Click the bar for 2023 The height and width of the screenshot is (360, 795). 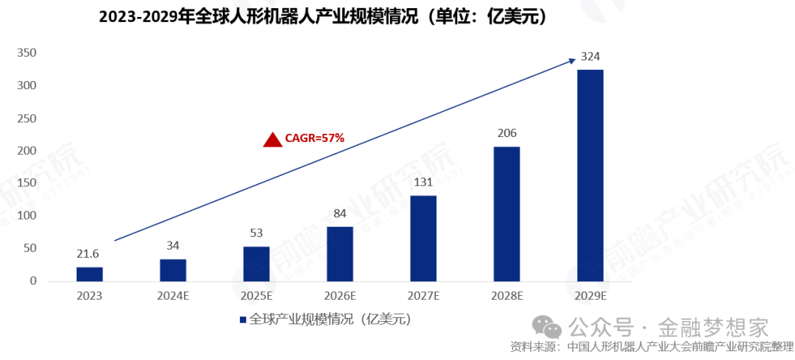(89, 274)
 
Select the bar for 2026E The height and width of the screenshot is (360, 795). (339, 254)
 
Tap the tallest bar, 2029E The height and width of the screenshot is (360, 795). (590, 175)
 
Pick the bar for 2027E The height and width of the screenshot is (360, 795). (423, 238)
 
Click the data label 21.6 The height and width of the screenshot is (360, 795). (89, 254)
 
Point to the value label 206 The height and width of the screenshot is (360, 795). (506, 133)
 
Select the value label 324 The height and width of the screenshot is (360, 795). (590, 56)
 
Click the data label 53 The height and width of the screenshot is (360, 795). (256, 233)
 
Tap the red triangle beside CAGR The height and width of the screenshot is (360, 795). (273, 139)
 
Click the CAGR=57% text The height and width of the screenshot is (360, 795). (314, 138)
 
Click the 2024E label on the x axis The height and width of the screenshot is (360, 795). (173, 296)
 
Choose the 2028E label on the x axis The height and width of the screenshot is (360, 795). (506, 296)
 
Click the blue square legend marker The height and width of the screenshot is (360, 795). (242, 320)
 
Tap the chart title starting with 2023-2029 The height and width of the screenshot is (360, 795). (324, 16)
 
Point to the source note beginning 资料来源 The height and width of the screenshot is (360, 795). (652, 346)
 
